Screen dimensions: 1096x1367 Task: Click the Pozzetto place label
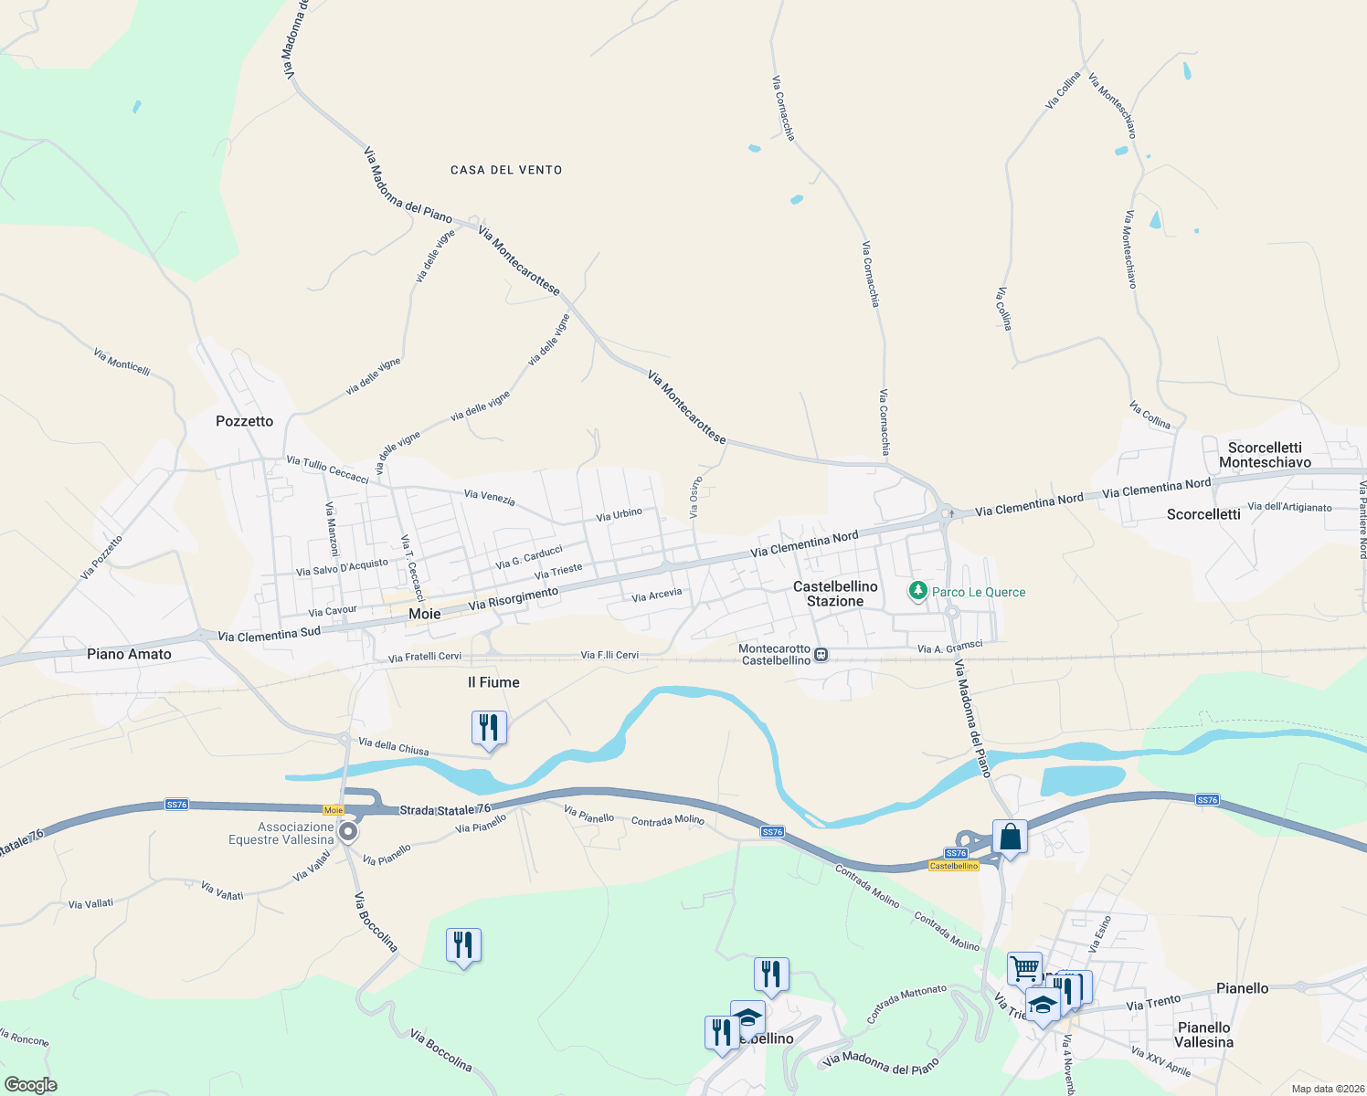tap(244, 421)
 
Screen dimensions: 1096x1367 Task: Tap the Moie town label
tap(424, 614)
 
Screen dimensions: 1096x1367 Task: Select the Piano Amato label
tap(129, 654)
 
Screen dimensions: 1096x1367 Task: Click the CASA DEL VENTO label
tap(506, 170)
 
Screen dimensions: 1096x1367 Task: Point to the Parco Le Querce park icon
tap(918, 592)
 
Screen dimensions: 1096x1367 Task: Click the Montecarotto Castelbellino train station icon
tap(821, 654)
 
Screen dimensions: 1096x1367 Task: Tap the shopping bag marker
tap(1010, 838)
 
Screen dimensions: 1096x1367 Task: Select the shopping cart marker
tap(1024, 969)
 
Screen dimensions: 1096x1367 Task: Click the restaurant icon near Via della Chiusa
tap(489, 729)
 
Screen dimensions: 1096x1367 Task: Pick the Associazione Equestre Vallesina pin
tap(348, 832)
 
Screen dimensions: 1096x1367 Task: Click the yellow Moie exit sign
tap(334, 810)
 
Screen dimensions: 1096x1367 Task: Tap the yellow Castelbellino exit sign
tap(953, 866)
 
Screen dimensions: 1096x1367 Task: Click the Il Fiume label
tap(493, 682)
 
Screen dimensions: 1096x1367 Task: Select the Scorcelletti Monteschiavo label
tap(1265, 455)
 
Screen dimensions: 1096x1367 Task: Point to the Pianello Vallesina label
tap(1203, 1035)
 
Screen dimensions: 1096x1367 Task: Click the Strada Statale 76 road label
tap(445, 810)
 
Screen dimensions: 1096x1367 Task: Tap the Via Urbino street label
tap(620, 514)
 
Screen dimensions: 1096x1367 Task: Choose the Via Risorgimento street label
tap(513, 599)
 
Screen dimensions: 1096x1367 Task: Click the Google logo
tap(30, 1085)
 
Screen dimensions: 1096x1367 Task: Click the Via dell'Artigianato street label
tap(1289, 507)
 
